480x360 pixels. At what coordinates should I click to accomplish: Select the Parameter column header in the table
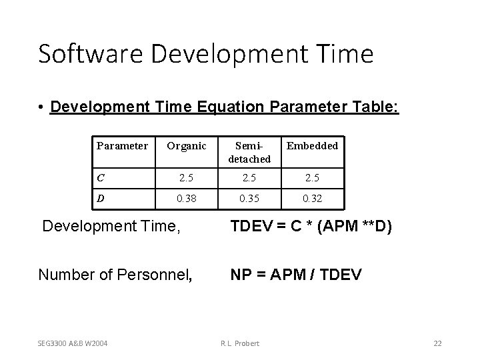123,145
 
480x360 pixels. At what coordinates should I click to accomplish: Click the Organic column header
187,145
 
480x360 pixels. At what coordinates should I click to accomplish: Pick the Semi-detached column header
249,152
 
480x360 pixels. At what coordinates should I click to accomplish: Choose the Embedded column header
312,145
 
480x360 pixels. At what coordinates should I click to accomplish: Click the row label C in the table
101,178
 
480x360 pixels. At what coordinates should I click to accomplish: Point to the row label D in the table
101,198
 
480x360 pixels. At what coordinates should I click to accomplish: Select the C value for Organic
187,178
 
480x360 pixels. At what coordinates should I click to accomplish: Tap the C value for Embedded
312,178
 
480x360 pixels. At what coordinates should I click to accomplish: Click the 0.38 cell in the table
187,198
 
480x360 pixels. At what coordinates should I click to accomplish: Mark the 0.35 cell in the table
249,198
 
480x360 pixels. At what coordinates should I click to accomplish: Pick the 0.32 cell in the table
312,198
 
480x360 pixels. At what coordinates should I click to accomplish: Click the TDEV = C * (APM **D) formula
311,227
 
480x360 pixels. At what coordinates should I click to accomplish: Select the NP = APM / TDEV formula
296,273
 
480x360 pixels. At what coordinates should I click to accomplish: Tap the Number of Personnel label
115,273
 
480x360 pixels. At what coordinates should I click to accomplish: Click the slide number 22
437,343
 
